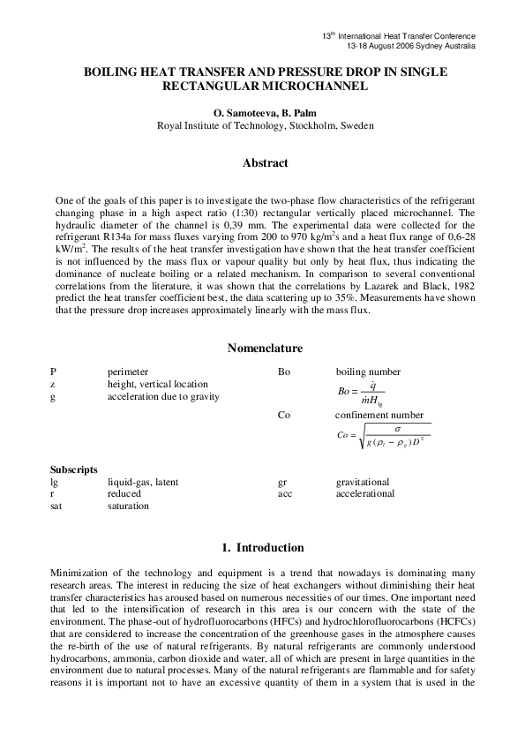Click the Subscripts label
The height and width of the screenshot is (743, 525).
point(73,469)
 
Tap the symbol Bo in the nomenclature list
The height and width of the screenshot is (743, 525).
point(284,372)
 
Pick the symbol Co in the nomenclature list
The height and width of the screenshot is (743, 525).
point(284,415)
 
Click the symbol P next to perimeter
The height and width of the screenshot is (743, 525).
point(54,372)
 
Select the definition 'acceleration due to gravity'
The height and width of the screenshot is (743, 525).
point(163,397)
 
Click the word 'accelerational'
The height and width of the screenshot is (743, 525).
point(364,494)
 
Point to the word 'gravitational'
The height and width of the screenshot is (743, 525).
point(362,482)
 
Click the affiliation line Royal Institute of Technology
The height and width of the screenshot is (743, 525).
point(265,126)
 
